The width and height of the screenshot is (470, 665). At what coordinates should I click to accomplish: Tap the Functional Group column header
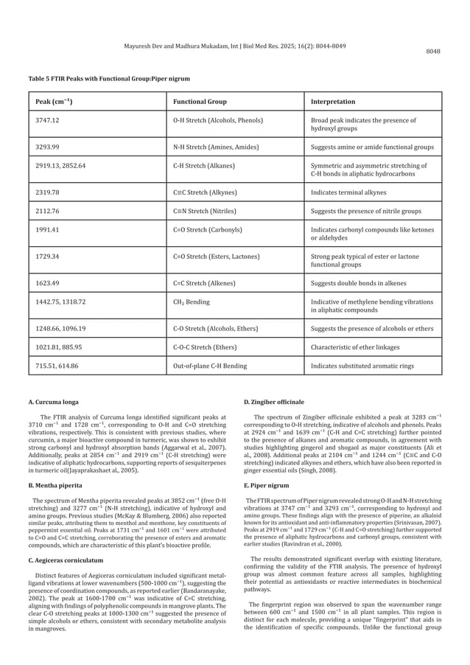coord(199,101)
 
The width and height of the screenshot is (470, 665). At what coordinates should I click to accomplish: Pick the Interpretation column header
coord(333,101)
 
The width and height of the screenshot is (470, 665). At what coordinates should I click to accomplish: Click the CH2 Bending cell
coord(193,302)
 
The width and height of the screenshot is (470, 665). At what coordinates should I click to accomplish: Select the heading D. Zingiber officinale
coord(278,402)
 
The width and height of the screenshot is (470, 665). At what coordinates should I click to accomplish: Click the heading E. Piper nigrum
coord(270,467)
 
